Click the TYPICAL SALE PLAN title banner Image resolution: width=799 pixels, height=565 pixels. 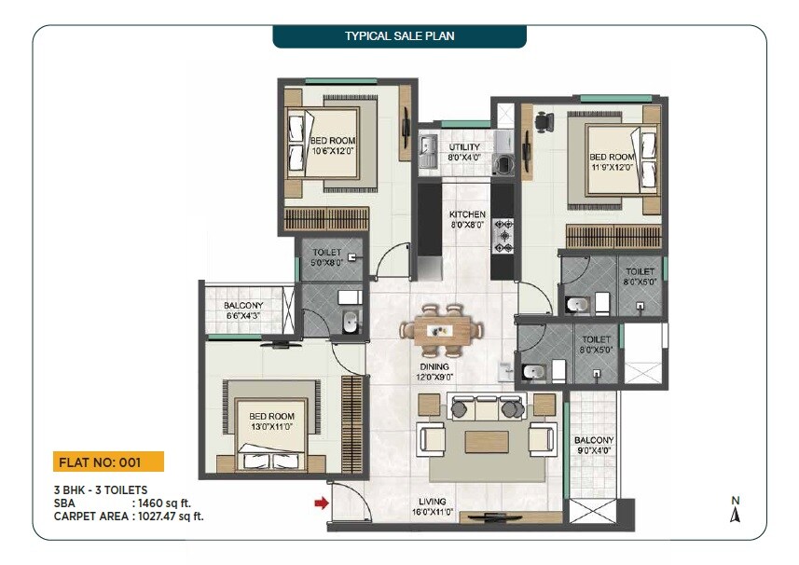tap(399, 36)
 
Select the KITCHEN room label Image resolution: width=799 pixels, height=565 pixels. tap(467, 219)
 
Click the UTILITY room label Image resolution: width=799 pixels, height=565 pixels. tap(464, 152)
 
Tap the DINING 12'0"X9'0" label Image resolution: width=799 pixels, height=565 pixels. tap(434, 372)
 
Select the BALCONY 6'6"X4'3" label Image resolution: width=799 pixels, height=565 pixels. tap(243, 310)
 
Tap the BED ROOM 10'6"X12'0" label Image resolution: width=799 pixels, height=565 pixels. tap(333, 146)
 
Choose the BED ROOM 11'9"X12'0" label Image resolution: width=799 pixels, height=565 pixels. tap(612, 161)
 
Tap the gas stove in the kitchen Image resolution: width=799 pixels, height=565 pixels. tap(504, 236)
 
